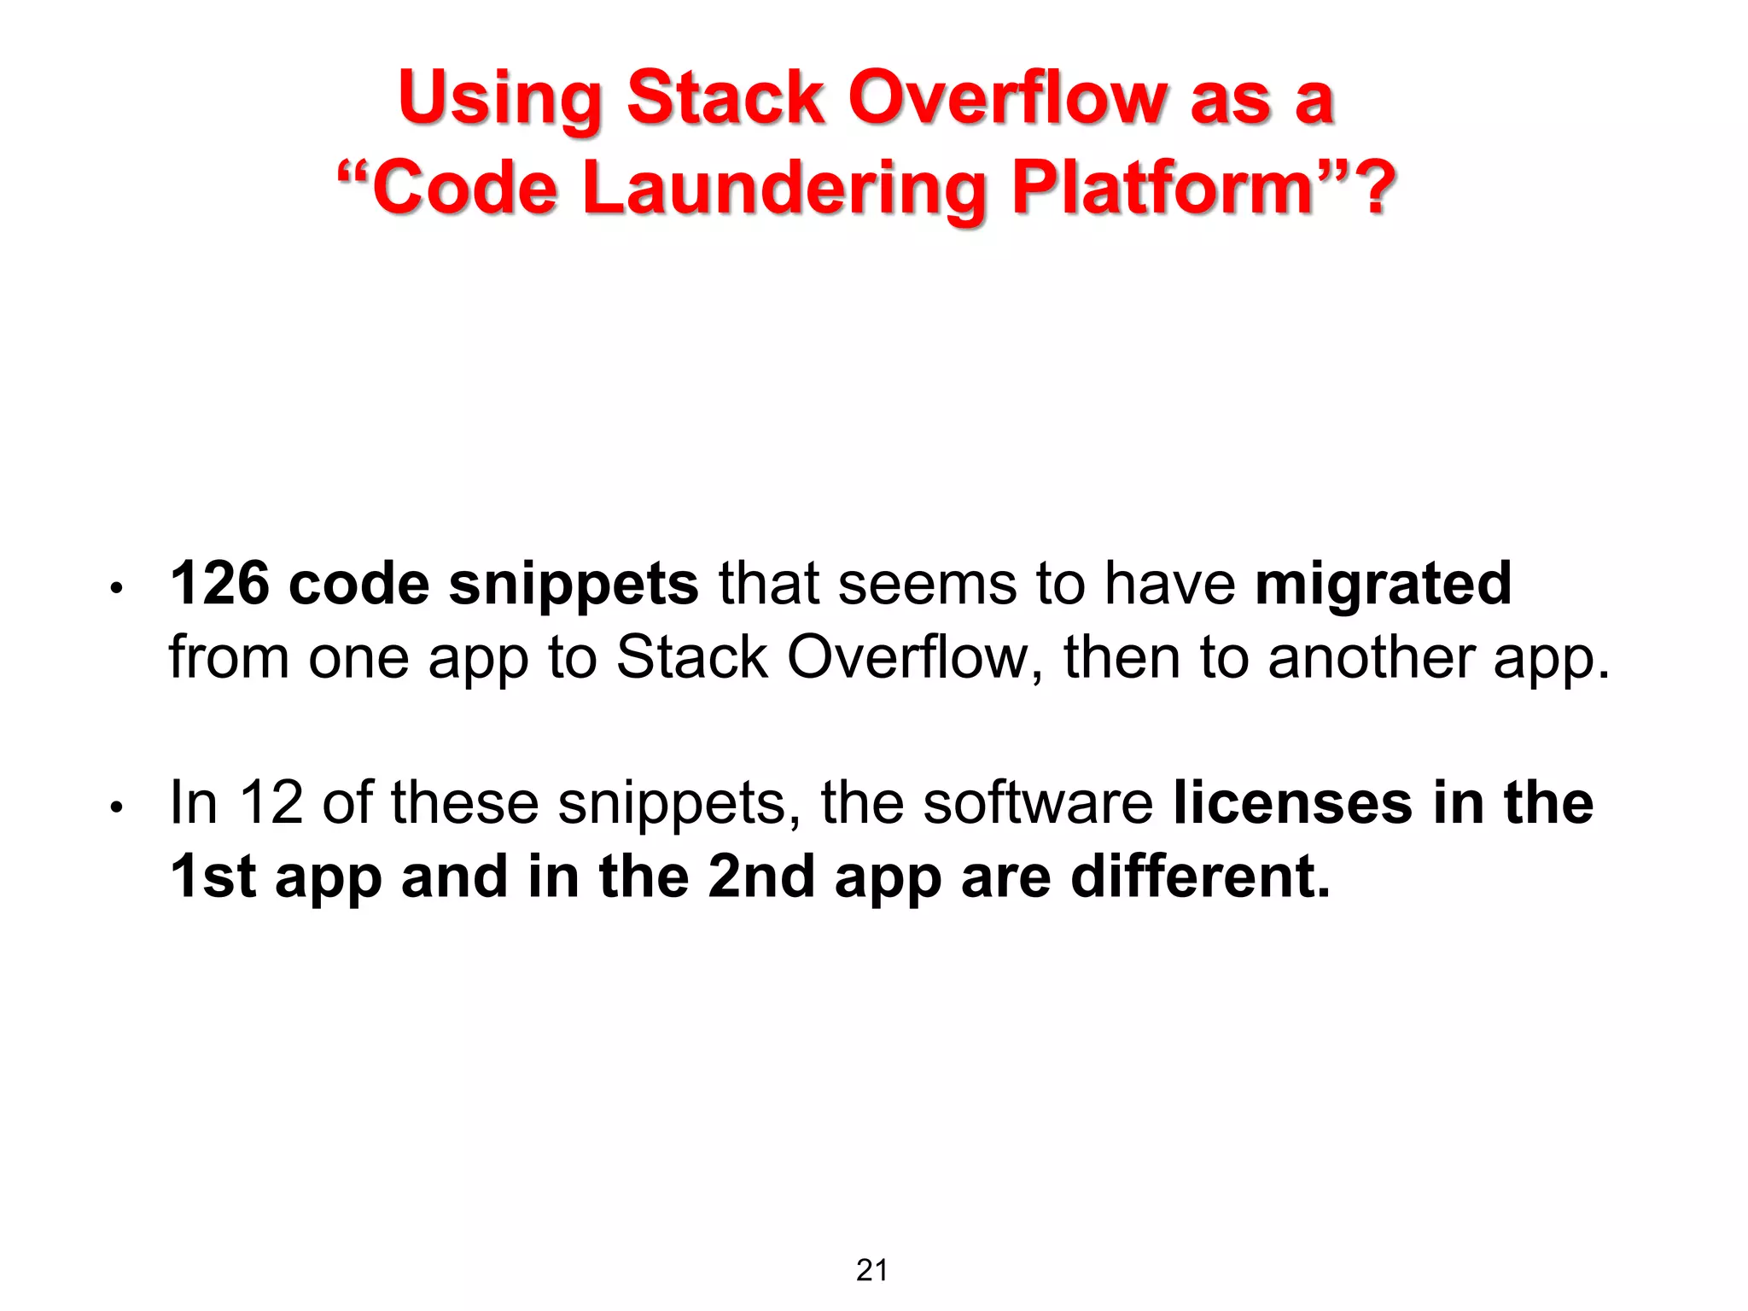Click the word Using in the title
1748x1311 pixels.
coord(500,98)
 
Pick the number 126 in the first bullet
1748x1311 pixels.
coord(219,584)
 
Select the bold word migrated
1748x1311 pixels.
coord(1383,586)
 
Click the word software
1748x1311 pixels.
coord(1038,803)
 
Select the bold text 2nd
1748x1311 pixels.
coord(760,877)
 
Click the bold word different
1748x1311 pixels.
coord(1200,877)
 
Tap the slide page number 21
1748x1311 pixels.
coord(872,1271)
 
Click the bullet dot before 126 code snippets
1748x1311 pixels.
coord(118,588)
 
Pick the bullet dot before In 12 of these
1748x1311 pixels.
coord(118,807)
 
